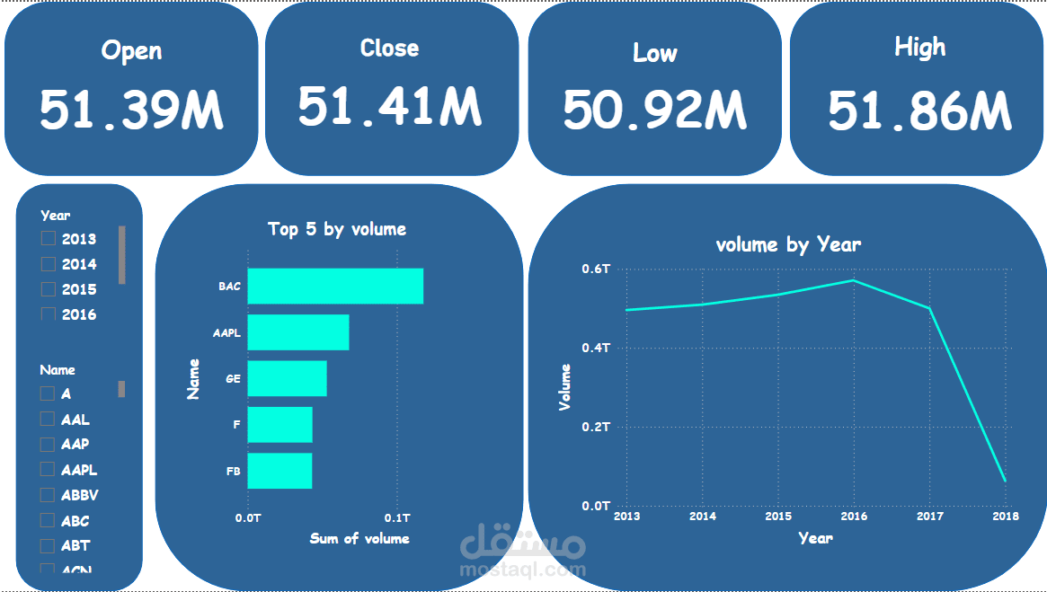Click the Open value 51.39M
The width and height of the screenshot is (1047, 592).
pyautogui.click(x=131, y=110)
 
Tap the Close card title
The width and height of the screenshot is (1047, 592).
pyautogui.click(x=389, y=48)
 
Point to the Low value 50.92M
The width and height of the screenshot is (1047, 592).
pyautogui.click(x=654, y=110)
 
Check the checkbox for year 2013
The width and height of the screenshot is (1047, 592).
pyautogui.click(x=49, y=239)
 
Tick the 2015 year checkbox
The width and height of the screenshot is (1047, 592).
pyautogui.click(x=49, y=289)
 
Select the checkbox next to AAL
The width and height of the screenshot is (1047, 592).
pyautogui.click(x=48, y=420)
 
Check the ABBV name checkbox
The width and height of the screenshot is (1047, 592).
pyautogui.click(x=48, y=495)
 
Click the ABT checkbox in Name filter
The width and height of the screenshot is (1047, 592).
pyautogui.click(x=48, y=545)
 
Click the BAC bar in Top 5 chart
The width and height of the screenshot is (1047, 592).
pyautogui.click(x=334, y=286)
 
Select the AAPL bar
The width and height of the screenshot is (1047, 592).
pyautogui.click(x=297, y=332)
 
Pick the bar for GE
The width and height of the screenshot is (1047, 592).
pyautogui.click(x=287, y=378)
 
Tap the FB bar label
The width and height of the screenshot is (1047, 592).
pyautogui.click(x=233, y=471)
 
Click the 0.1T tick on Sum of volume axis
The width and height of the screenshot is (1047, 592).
pyautogui.click(x=397, y=518)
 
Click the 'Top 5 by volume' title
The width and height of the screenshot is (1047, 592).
pyautogui.click(x=337, y=229)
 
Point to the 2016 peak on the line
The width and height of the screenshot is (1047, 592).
pyautogui.click(x=853, y=280)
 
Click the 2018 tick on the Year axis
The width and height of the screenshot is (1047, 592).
pyautogui.click(x=1005, y=517)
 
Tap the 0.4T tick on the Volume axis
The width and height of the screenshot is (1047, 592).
pyautogui.click(x=595, y=348)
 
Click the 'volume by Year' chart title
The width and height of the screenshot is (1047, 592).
pyautogui.click(x=788, y=244)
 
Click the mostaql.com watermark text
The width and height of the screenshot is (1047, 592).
pyautogui.click(x=522, y=569)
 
